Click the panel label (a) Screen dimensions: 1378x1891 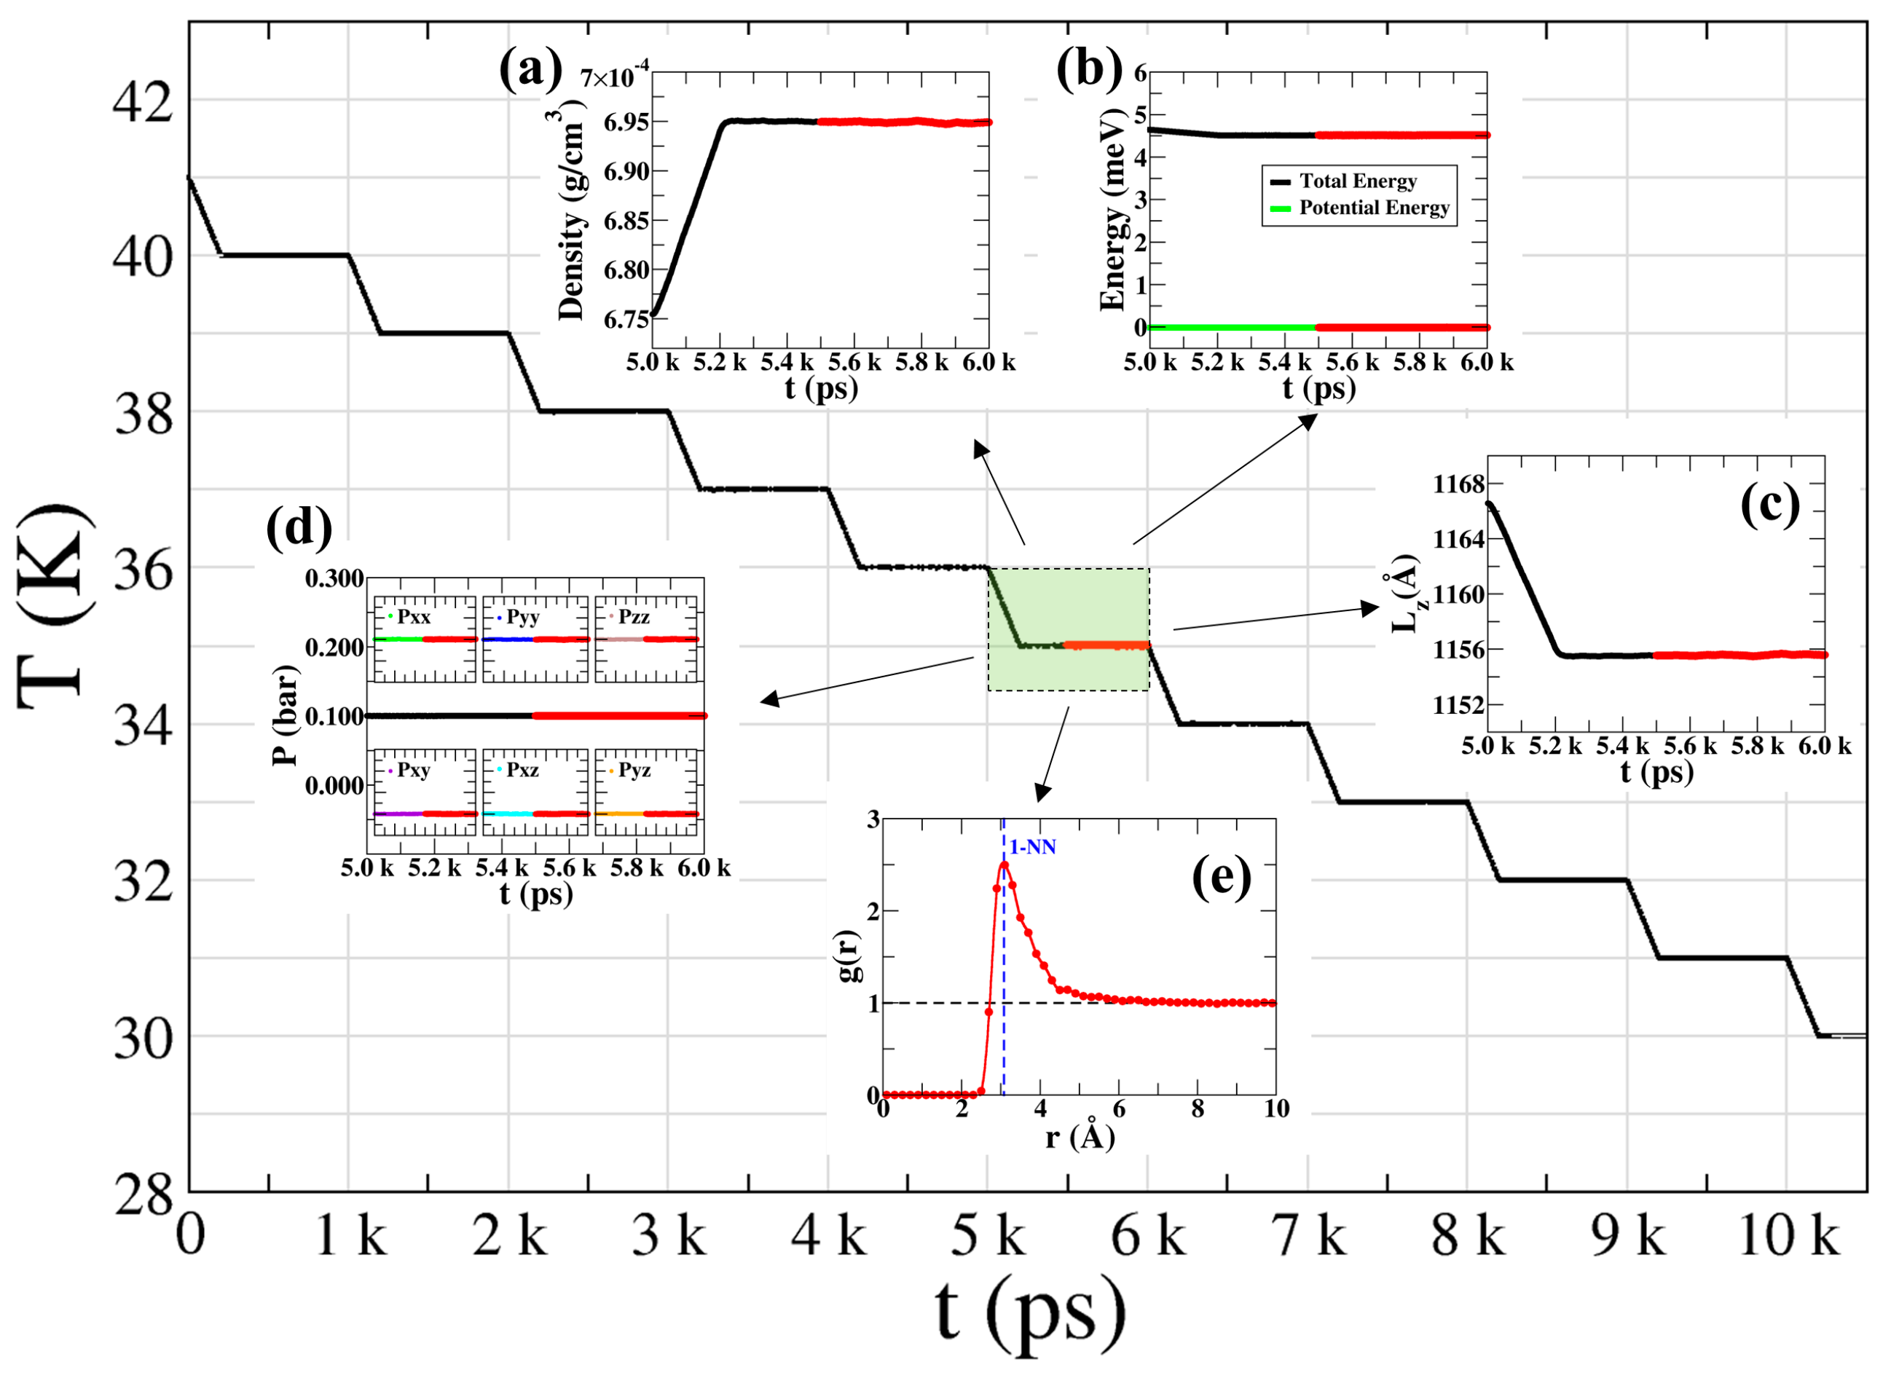pyautogui.click(x=530, y=68)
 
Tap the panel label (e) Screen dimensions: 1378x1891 pyautogui.click(x=1221, y=877)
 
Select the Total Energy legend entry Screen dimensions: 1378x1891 pyautogui.click(x=1357, y=182)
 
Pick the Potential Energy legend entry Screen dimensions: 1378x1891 pyautogui.click(x=1374, y=208)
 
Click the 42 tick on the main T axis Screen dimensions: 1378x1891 pyautogui.click(x=143, y=102)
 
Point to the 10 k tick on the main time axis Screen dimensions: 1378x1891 pyautogui.click(x=1789, y=1236)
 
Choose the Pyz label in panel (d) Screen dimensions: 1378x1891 pyautogui.click(x=634, y=770)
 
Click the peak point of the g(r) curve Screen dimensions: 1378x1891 pyautogui.click(x=1005, y=865)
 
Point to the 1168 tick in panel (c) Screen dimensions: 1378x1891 pyautogui.click(x=1459, y=484)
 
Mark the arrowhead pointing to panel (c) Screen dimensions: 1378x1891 pyautogui.click(x=1369, y=608)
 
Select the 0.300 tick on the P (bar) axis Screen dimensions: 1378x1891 pyautogui.click(x=334, y=579)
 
